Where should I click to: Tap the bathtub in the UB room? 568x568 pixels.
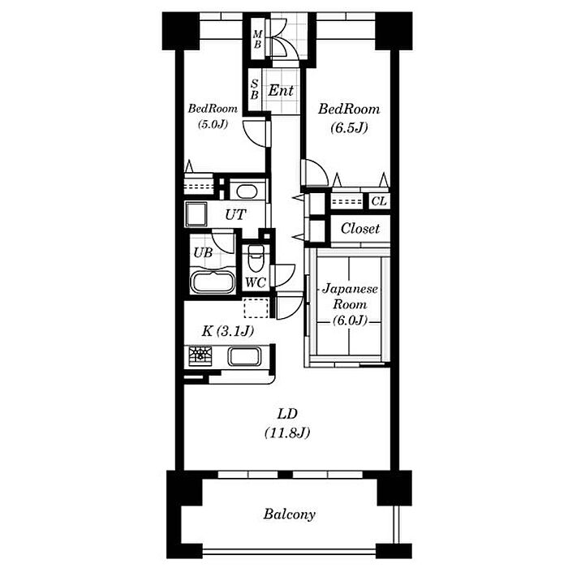click(x=213, y=282)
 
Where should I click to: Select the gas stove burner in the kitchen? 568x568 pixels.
click(x=200, y=355)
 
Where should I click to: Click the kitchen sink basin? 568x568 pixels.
click(x=244, y=356)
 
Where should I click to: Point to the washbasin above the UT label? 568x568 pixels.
click(x=247, y=191)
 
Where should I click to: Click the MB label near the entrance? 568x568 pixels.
click(x=257, y=39)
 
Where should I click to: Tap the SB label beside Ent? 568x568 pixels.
click(x=255, y=89)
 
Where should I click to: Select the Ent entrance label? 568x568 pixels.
click(x=281, y=90)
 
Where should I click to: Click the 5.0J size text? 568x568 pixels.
click(x=213, y=124)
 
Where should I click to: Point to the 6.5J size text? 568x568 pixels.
click(x=349, y=127)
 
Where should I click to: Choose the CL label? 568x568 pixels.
click(x=379, y=201)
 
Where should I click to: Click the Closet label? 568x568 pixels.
click(x=360, y=229)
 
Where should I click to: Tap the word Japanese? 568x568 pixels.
click(x=350, y=289)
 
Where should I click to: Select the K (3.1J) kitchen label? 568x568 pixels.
click(x=227, y=331)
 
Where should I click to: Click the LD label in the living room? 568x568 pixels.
click(x=287, y=414)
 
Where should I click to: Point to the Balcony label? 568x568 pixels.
click(x=289, y=514)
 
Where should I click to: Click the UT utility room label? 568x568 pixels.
click(x=235, y=215)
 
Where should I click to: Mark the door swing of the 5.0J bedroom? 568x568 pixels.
click(x=256, y=133)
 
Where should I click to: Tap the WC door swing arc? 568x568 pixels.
click(x=285, y=275)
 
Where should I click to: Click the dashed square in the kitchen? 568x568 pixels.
click(x=256, y=308)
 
